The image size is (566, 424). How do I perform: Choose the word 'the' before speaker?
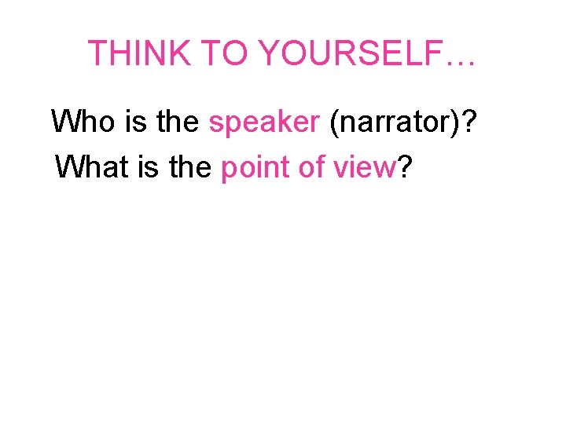tap(174, 122)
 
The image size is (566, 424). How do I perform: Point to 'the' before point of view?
tap(189, 166)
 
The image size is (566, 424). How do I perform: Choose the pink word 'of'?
tap(306, 166)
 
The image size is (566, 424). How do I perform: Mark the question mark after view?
tap(406, 166)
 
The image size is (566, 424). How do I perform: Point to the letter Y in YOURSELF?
tap(271, 53)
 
